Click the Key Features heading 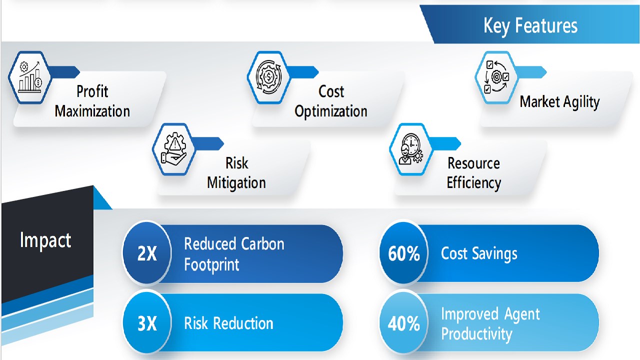(x=530, y=25)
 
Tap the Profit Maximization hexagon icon (x=30, y=77)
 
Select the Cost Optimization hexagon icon (x=269, y=77)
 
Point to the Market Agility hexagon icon (x=496, y=77)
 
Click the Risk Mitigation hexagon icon (x=174, y=149)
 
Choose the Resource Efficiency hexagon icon (x=411, y=149)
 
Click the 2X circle (x=147, y=253)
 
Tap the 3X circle (x=147, y=323)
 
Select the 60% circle (x=403, y=253)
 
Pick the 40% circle (x=403, y=323)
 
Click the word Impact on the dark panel (x=45, y=240)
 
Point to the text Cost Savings (x=479, y=253)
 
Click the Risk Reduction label (x=228, y=323)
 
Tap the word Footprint (x=211, y=265)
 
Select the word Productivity (x=476, y=333)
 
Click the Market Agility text (x=559, y=102)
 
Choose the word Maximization (x=92, y=111)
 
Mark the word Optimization (x=331, y=111)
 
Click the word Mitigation (x=236, y=183)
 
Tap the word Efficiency (x=473, y=183)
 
